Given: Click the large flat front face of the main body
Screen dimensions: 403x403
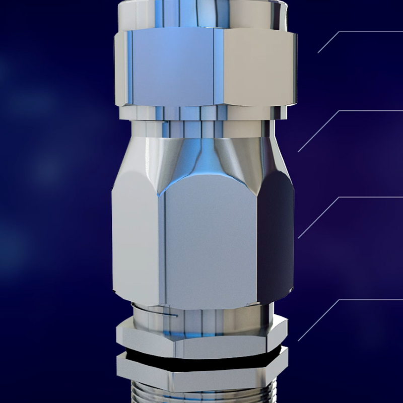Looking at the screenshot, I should (209, 242).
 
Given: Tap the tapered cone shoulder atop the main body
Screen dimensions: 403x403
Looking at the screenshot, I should (201, 156).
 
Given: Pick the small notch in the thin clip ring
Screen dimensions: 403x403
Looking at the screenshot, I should (174, 315).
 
